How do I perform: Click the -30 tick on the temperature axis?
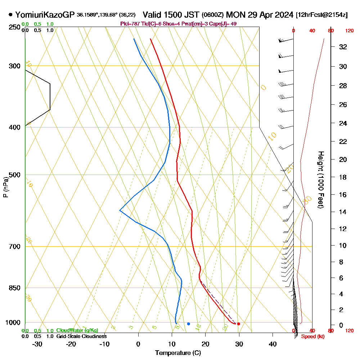(x=37, y=344)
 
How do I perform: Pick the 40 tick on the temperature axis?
(x=273, y=344)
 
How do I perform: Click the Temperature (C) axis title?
(x=178, y=353)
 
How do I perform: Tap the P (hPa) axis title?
(x=5, y=187)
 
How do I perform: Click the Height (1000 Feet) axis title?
(x=320, y=180)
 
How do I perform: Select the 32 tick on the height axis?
(x=343, y=46)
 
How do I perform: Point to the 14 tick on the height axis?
(x=343, y=212)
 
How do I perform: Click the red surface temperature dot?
(x=238, y=324)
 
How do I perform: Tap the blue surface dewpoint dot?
(x=188, y=324)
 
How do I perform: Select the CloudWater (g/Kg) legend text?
(x=77, y=330)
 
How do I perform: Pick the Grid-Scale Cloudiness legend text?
(x=81, y=336)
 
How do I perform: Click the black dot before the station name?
(x=10, y=15)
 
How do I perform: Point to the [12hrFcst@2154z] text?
(x=321, y=15)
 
